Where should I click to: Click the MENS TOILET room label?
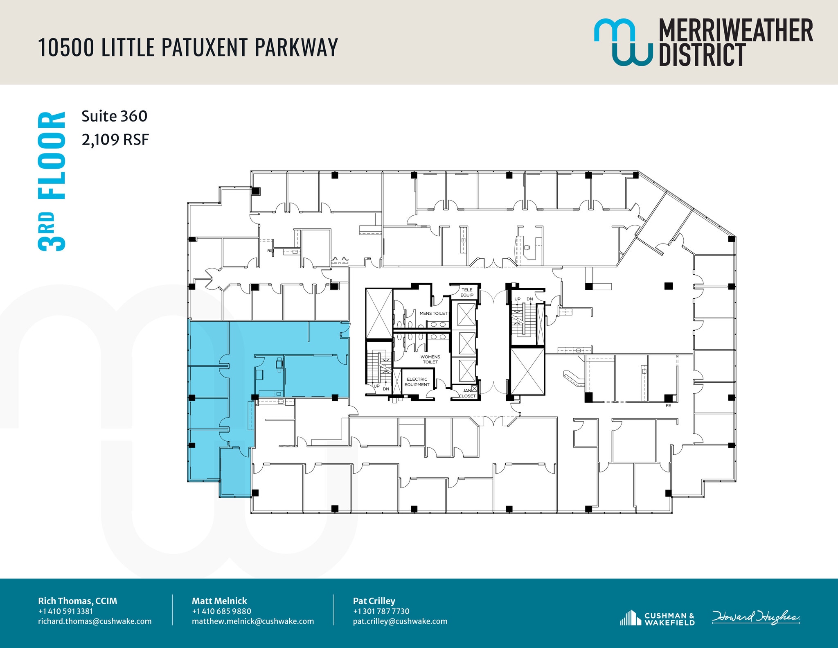[x=433, y=313]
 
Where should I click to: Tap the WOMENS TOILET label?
[x=430, y=359]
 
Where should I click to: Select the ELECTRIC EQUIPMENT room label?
[x=417, y=382]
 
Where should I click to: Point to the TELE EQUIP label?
[x=467, y=292]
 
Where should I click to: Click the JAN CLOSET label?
[x=467, y=393]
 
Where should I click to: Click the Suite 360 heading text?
[x=114, y=116]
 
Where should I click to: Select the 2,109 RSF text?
[x=115, y=140]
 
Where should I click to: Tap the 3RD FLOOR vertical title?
[x=52, y=181]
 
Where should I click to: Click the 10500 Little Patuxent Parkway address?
[x=188, y=47]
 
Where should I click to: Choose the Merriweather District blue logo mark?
[x=623, y=42]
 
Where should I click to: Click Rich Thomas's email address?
[x=95, y=621]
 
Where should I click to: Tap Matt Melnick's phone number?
[x=221, y=611]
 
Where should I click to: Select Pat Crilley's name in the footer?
[x=374, y=601]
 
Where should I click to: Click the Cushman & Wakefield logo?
[x=658, y=619]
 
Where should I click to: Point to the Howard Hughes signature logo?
[x=756, y=617]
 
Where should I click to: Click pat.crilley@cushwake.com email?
[x=400, y=621]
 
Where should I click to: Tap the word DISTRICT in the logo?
[x=702, y=55]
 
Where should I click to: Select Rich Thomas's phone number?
[x=65, y=611]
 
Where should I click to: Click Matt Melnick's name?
[x=219, y=601]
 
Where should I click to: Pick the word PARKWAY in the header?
[x=296, y=47]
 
